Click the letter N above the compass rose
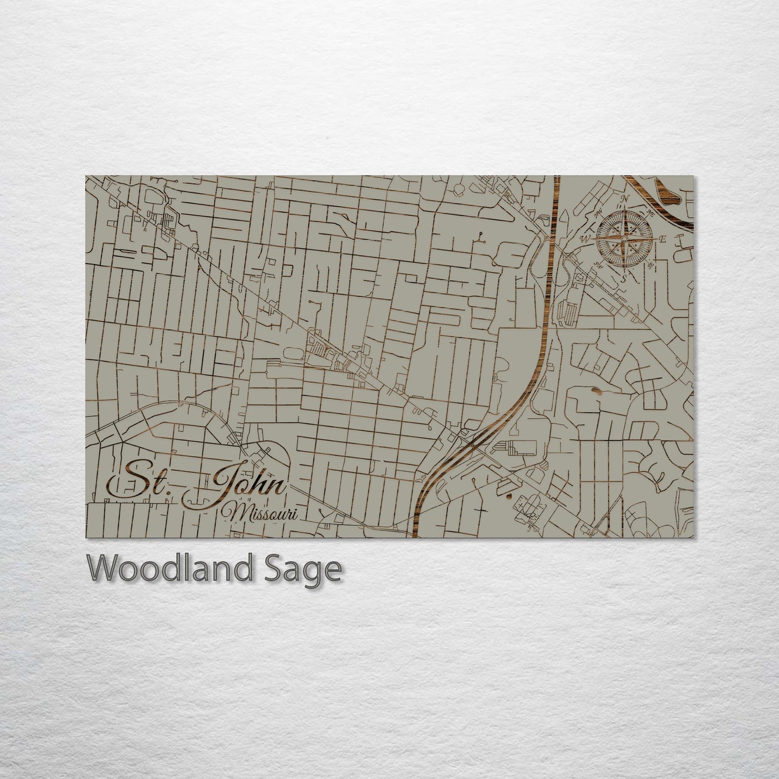pyautogui.click(x=625, y=198)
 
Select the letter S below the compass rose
pyautogui.click(x=624, y=279)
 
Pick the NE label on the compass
pyautogui.click(x=651, y=213)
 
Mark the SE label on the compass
pyautogui.click(x=651, y=265)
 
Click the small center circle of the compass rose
pyautogui.click(x=624, y=239)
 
